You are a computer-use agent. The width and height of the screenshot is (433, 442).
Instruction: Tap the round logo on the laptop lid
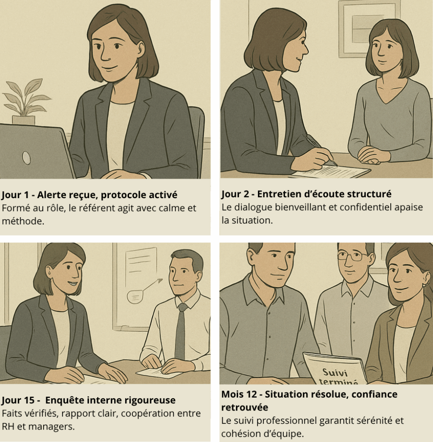(26, 158)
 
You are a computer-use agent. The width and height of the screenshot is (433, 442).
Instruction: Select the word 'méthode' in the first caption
(22, 221)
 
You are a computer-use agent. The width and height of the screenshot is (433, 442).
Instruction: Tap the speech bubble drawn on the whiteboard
(135, 296)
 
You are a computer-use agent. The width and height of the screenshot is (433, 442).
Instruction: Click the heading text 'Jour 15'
(16, 400)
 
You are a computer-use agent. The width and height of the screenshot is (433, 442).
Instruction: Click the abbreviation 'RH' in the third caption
(9, 426)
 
